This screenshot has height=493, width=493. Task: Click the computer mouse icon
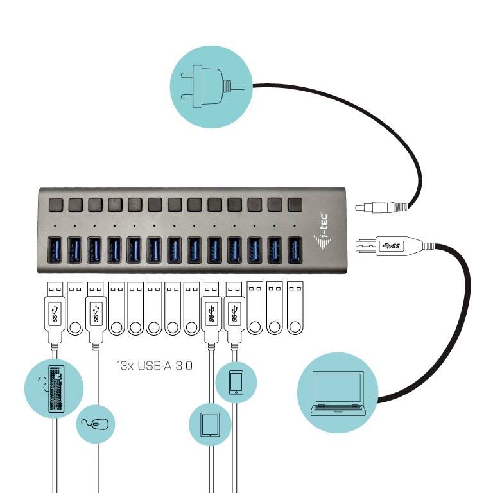click(96, 424)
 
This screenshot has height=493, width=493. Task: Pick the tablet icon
click(210, 424)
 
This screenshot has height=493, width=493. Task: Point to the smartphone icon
click(236, 383)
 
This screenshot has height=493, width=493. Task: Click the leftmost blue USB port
click(55, 250)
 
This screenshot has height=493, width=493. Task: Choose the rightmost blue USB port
click(295, 250)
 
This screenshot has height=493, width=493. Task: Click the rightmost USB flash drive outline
click(295, 309)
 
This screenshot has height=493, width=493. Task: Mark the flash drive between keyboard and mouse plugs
click(75, 309)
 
